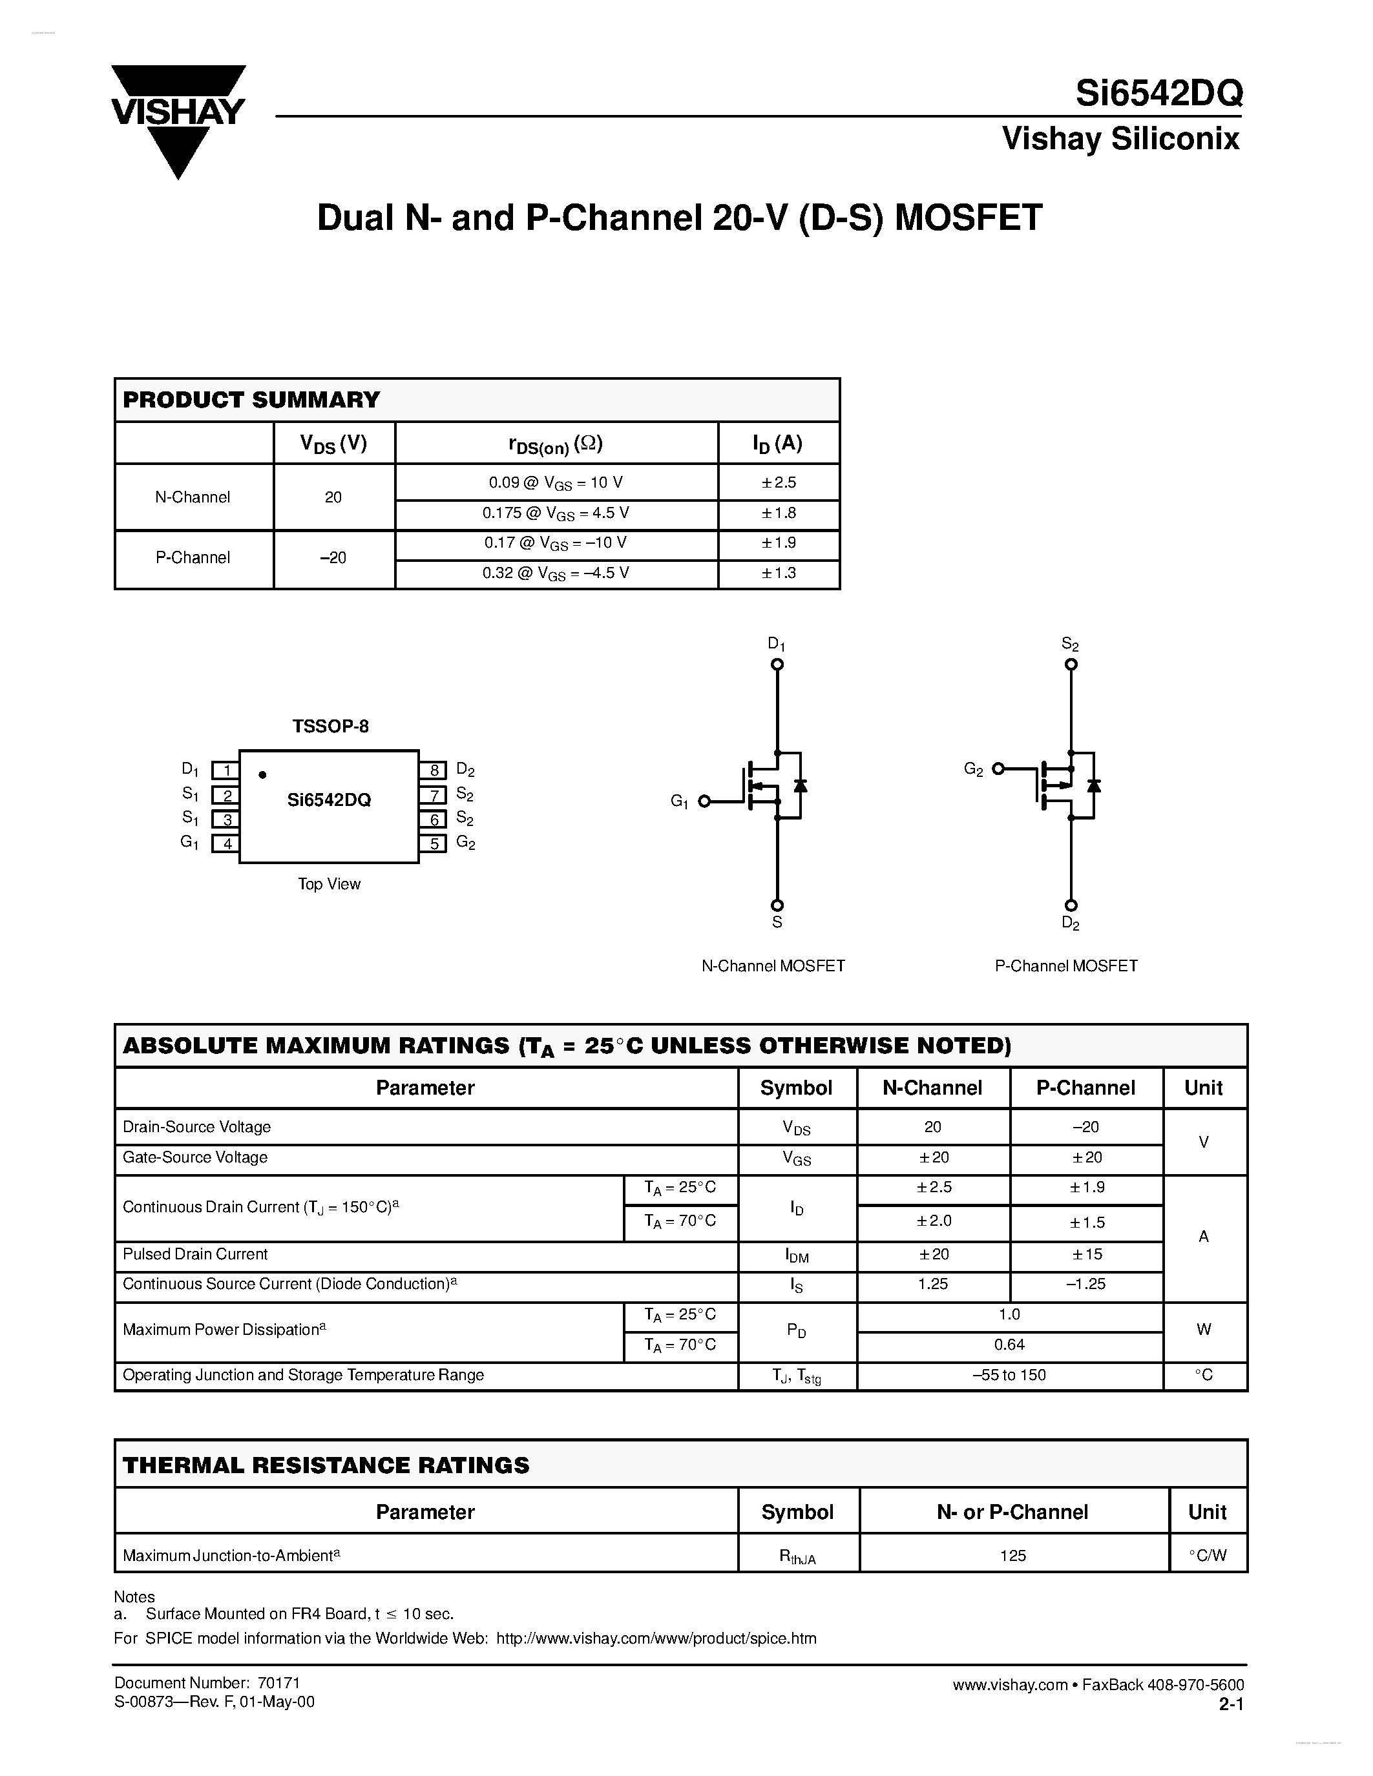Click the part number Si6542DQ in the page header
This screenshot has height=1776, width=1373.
click(1158, 94)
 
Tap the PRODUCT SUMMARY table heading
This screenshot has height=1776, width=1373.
click(251, 400)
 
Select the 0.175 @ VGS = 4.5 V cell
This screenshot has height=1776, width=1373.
click(556, 514)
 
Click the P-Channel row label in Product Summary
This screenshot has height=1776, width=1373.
click(193, 558)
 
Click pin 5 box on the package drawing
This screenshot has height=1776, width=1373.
click(433, 843)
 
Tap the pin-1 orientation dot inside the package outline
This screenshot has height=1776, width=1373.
click(262, 775)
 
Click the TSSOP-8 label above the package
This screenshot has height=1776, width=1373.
click(330, 726)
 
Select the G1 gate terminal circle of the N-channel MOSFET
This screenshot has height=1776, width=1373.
click(704, 802)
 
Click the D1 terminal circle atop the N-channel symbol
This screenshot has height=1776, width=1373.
click(777, 665)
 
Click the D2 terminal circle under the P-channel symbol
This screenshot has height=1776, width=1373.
click(1071, 905)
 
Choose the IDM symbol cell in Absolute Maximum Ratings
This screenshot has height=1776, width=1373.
click(797, 1256)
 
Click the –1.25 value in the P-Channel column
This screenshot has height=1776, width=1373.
click(1086, 1284)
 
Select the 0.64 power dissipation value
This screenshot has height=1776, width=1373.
click(1009, 1345)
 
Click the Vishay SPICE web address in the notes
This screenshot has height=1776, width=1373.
click(656, 1638)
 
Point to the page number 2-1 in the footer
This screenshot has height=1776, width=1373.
click(1231, 1703)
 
